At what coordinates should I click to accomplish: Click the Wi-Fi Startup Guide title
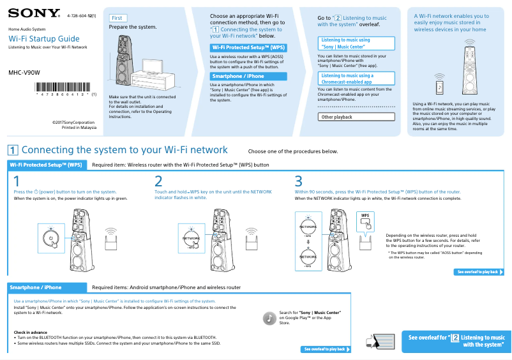[x=44, y=39]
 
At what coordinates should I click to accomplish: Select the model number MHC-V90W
[x=24, y=72]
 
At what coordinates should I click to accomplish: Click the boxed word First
[x=117, y=18]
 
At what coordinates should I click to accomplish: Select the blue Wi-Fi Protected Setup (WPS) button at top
[x=248, y=47]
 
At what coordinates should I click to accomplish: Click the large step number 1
[x=17, y=181]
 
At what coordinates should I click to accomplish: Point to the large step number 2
[x=158, y=181]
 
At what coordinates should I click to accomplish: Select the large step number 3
[x=298, y=181]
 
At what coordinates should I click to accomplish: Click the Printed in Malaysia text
[x=79, y=127]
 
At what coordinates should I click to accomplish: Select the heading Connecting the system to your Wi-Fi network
[x=124, y=150]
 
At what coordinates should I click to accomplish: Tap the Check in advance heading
[x=31, y=332]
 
